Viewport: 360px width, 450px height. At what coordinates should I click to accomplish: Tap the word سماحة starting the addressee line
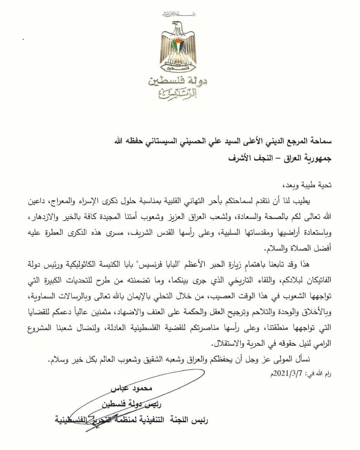coord(318,142)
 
